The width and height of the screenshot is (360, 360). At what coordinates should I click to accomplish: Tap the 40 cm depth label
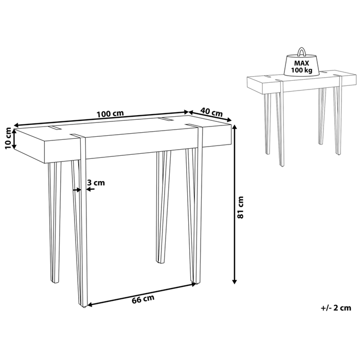[211, 112]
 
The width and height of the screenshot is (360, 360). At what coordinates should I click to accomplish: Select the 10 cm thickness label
[7, 138]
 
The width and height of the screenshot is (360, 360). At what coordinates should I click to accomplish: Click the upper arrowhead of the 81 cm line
[235, 128]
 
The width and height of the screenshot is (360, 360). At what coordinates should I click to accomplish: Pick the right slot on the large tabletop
[165, 120]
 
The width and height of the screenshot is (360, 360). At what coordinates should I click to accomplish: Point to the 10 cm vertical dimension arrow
[15, 139]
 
